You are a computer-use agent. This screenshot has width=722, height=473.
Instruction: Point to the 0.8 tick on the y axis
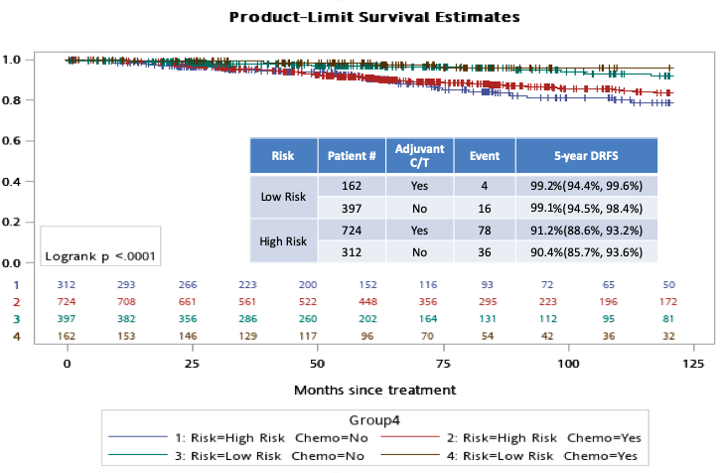pyautogui.click(x=12, y=100)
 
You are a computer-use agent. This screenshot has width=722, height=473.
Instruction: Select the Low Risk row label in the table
pyautogui.click(x=282, y=197)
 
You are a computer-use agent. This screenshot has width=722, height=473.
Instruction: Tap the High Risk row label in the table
pyautogui.click(x=282, y=240)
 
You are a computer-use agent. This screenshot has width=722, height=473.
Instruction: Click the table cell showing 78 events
pyautogui.click(x=485, y=230)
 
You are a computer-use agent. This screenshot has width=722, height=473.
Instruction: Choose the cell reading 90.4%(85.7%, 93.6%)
pyautogui.click(x=586, y=252)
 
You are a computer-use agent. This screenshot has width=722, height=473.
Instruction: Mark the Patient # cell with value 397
pyautogui.click(x=351, y=208)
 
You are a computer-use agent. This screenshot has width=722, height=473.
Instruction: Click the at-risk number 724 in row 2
pyautogui.click(x=68, y=302)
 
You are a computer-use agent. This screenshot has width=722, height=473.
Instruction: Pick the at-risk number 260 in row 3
pyautogui.click(x=317, y=319)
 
